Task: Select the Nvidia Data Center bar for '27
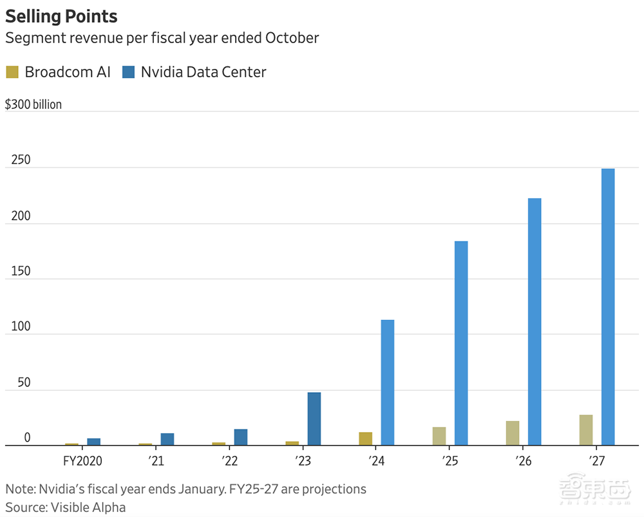click(608, 306)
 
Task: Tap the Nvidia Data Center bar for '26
click(535, 321)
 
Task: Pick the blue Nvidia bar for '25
click(461, 343)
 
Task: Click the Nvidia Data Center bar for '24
click(388, 382)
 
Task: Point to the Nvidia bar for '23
click(314, 418)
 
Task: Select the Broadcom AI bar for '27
click(586, 430)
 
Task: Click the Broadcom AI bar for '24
click(366, 438)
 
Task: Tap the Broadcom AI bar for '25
click(439, 436)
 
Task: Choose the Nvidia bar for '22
click(240, 437)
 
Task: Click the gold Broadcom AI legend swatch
click(12, 72)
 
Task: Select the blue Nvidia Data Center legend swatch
click(128, 72)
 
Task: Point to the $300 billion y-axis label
click(33, 104)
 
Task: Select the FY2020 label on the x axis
click(82, 462)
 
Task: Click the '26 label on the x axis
click(523, 462)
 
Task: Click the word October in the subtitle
click(292, 38)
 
